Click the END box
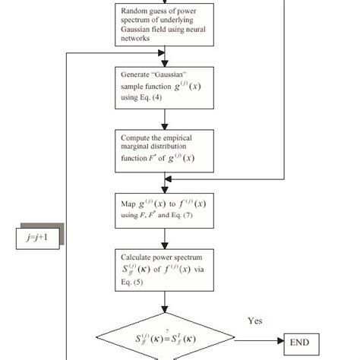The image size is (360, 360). point(304,343)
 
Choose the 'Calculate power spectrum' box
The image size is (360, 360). point(165,270)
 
